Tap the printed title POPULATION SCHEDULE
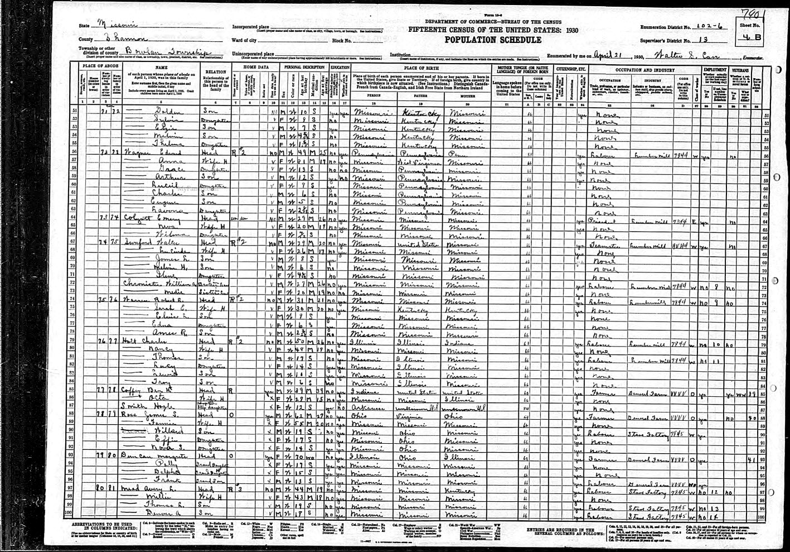point(492,40)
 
